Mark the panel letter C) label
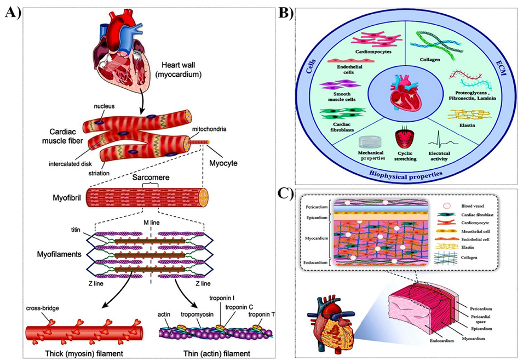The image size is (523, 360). point(304,195)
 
